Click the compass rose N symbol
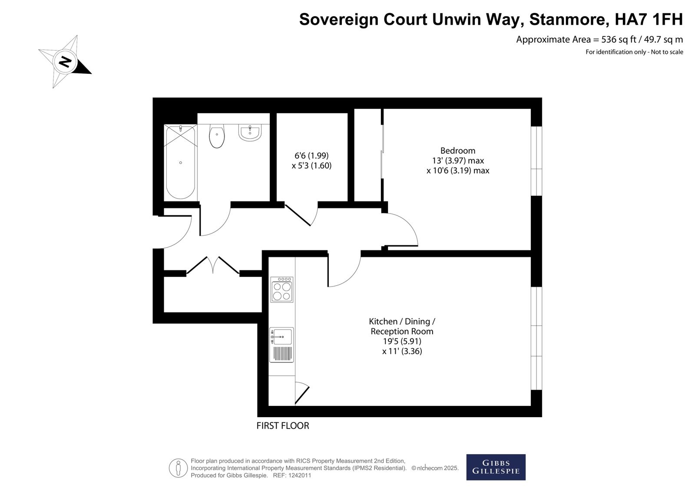[x=65, y=62]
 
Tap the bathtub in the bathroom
[x=181, y=162]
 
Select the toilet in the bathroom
[x=217, y=136]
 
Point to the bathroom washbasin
[x=250, y=133]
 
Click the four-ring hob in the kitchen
[x=282, y=290]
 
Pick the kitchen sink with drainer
[x=281, y=345]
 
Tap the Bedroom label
[x=458, y=151]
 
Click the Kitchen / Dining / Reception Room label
[x=402, y=326]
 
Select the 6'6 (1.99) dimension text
[x=311, y=155]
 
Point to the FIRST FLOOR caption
[x=283, y=426]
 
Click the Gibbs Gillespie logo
[x=496, y=467]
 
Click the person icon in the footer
[x=178, y=468]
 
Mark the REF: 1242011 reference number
[x=291, y=475]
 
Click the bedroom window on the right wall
[x=536, y=161]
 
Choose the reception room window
[x=536, y=338]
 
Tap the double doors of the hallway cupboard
[x=213, y=265]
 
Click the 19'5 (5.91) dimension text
[x=402, y=341]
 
